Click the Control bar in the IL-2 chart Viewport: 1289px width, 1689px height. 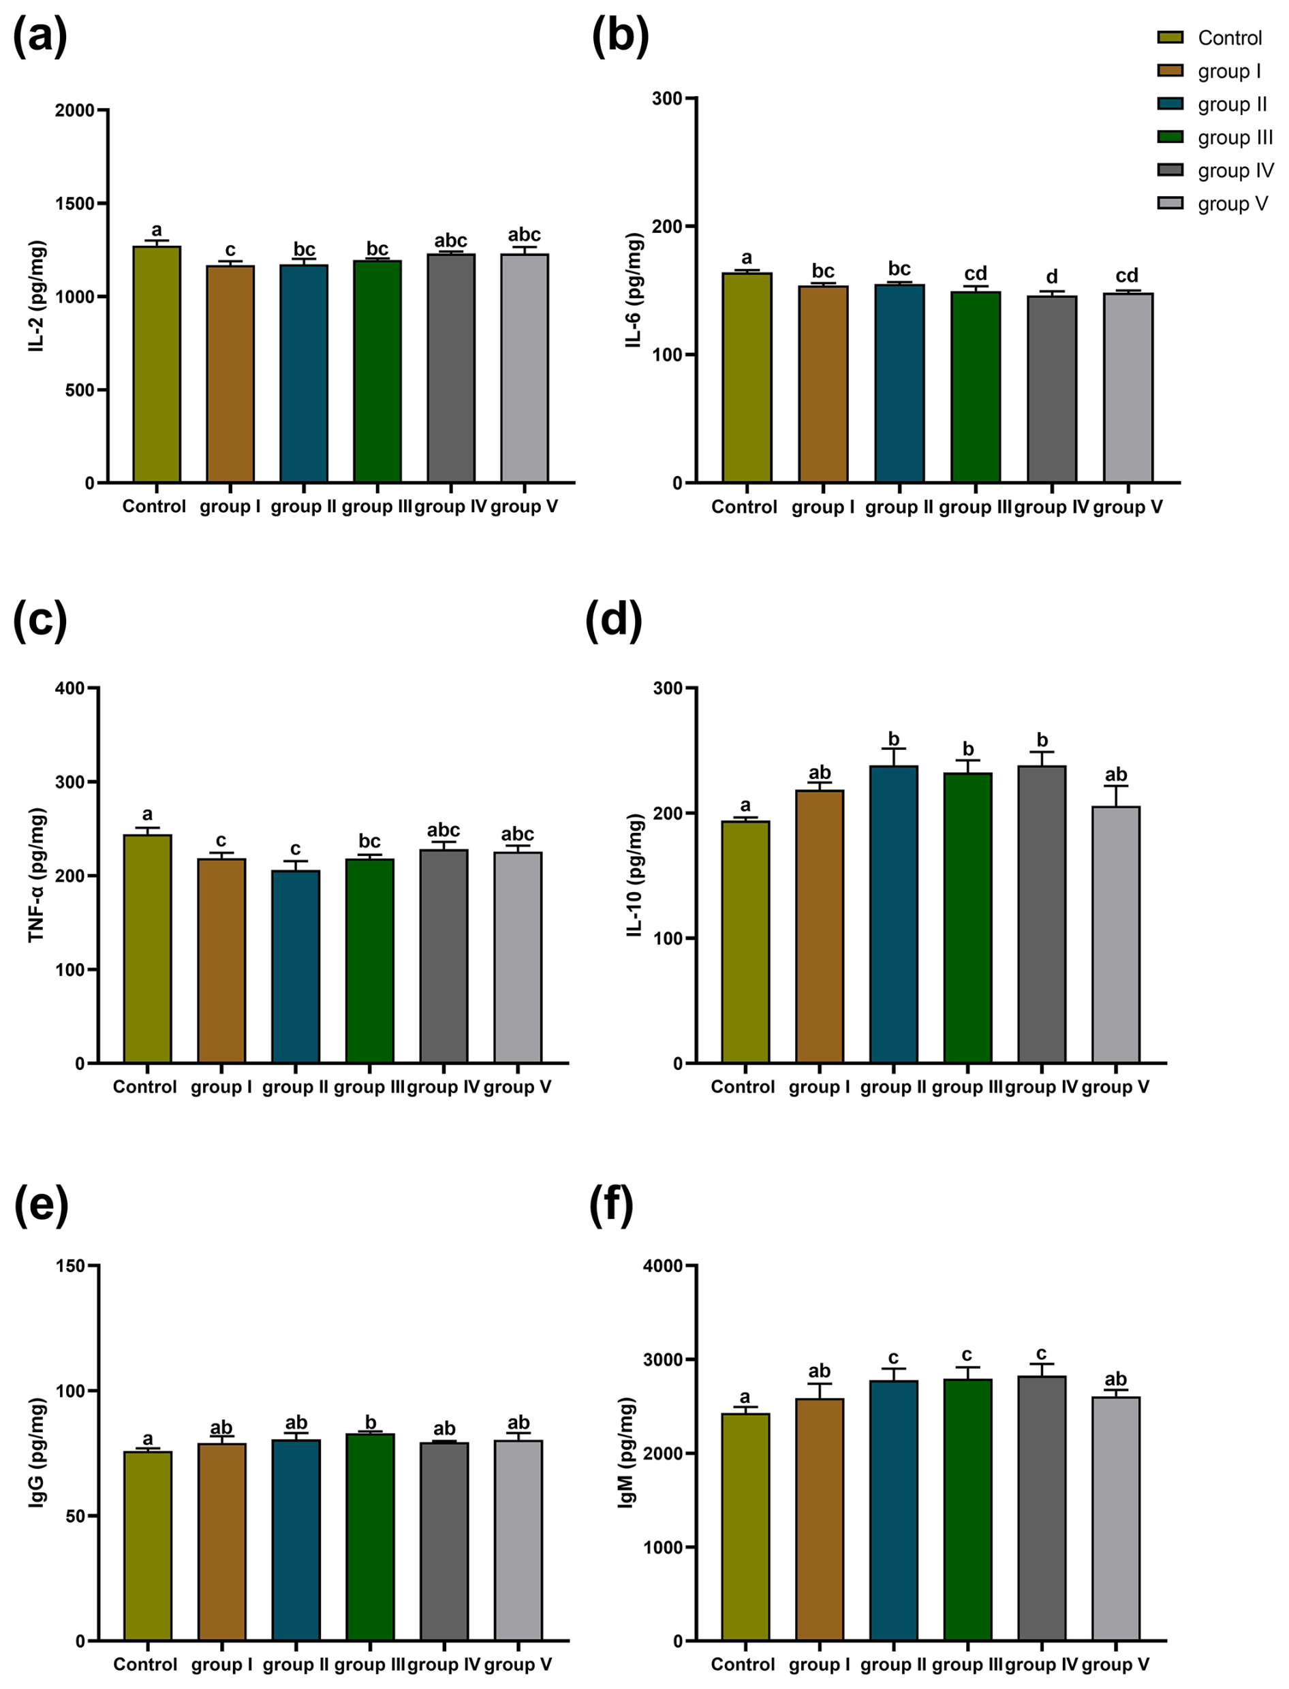[x=157, y=364]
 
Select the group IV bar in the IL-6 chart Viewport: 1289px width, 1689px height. [x=1051, y=389]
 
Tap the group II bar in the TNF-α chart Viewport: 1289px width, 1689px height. [x=296, y=966]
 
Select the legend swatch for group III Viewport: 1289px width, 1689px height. [x=1170, y=136]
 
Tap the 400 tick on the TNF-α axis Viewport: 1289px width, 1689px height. [x=71, y=689]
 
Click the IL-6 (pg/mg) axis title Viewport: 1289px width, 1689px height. [x=634, y=290]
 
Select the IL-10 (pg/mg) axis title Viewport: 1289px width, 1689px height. [x=634, y=874]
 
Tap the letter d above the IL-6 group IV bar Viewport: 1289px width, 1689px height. [x=1051, y=277]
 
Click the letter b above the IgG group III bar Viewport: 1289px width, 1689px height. [x=370, y=1422]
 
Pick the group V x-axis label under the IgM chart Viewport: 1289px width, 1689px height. [x=1115, y=1664]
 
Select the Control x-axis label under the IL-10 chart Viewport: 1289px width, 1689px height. [x=743, y=1087]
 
